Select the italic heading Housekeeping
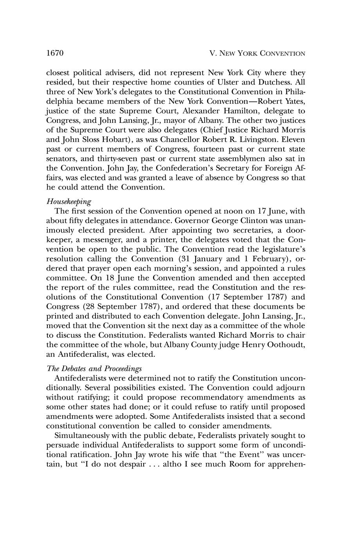coord(69,202)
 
